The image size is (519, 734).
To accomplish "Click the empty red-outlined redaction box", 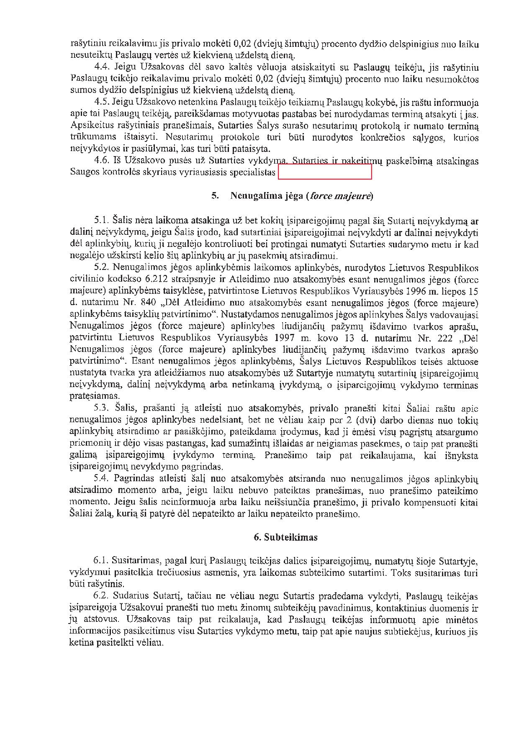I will coord(325,172).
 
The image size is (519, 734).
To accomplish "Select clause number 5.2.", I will coord(101,267).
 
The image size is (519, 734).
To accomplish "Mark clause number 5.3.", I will coord(101,408).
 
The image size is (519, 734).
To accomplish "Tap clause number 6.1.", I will coord(101,561).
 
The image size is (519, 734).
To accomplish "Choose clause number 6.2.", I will coord(101,596).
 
